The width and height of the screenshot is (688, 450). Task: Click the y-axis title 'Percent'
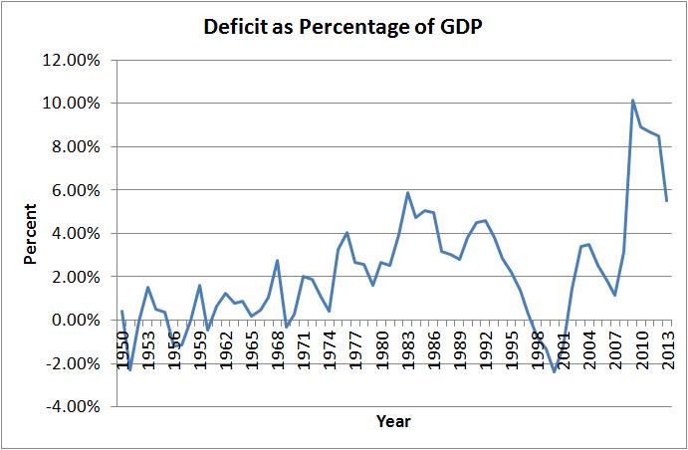31,234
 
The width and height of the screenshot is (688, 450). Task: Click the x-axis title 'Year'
393,421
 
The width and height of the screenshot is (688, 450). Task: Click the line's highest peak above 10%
632,101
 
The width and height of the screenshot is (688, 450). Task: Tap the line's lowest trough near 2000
555,372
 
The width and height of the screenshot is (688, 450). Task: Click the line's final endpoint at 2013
667,200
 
